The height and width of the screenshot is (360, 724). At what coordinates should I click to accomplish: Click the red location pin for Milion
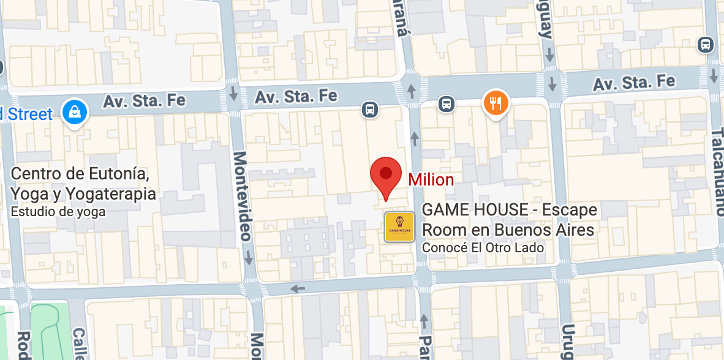pyautogui.click(x=385, y=174)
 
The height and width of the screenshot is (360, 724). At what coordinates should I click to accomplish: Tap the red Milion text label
pyautogui.click(x=431, y=180)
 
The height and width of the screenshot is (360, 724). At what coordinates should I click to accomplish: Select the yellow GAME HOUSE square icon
pyautogui.click(x=399, y=227)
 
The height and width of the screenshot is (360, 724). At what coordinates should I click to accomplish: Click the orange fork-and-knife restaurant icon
pyautogui.click(x=496, y=102)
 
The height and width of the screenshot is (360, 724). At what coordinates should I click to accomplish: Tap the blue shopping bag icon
pyautogui.click(x=74, y=112)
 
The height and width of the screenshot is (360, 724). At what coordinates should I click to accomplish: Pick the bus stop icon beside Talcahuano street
pyautogui.click(x=706, y=45)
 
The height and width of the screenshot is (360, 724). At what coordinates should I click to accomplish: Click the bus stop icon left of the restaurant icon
pyautogui.click(x=447, y=104)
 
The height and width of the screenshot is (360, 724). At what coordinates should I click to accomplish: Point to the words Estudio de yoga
pyautogui.click(x=58, y=212)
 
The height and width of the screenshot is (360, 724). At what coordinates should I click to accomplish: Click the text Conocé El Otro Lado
pyautogui.click(x=483, y=248)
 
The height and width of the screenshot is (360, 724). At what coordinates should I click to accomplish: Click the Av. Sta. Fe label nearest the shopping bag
pyautogui.click(x=144, y=100)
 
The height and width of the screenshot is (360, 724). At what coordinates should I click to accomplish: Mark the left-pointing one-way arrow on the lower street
pyautogui.click(x=298, y=288)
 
